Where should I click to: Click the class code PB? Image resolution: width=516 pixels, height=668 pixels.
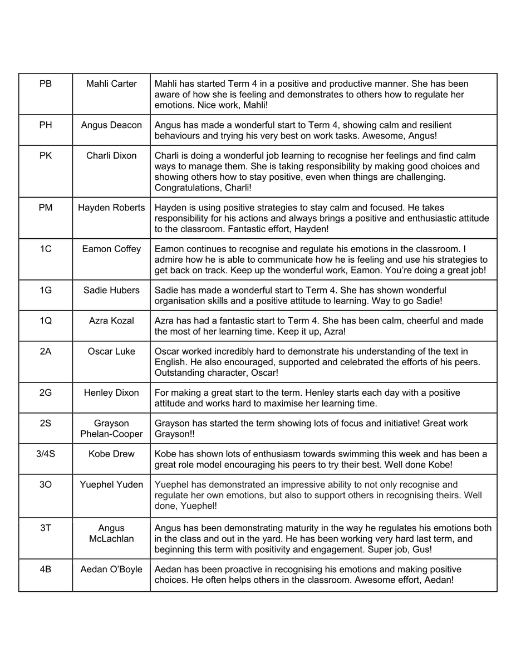(x=46, y=83)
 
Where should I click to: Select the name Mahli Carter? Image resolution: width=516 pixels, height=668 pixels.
(x=111, y=83)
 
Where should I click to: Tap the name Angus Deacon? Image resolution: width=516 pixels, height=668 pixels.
(x=111, y=125)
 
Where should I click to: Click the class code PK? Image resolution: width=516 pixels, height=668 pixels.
(x=46, y=156)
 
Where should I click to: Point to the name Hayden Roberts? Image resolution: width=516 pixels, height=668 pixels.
(x=111, y=208)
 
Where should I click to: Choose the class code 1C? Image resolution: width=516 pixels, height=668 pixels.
(x=46, y=249)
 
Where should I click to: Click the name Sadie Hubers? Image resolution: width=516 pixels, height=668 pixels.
(x=111, y=290)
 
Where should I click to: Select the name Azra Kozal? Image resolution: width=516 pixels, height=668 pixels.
(x=111, y=321)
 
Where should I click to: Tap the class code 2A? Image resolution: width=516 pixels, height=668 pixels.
(x=46, y=351)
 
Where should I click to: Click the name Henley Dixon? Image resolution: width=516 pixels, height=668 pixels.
(x=111, y=393)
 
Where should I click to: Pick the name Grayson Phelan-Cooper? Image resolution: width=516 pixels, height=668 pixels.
(x=111, y=429)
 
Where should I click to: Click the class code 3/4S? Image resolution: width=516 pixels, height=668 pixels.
(x=46, y=454)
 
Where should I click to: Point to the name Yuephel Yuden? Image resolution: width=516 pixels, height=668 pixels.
(x=111, y=484)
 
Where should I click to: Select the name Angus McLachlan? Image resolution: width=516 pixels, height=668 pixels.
(x=111, y=533)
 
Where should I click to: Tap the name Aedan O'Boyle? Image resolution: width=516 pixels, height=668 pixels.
(x=111, y=569)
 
